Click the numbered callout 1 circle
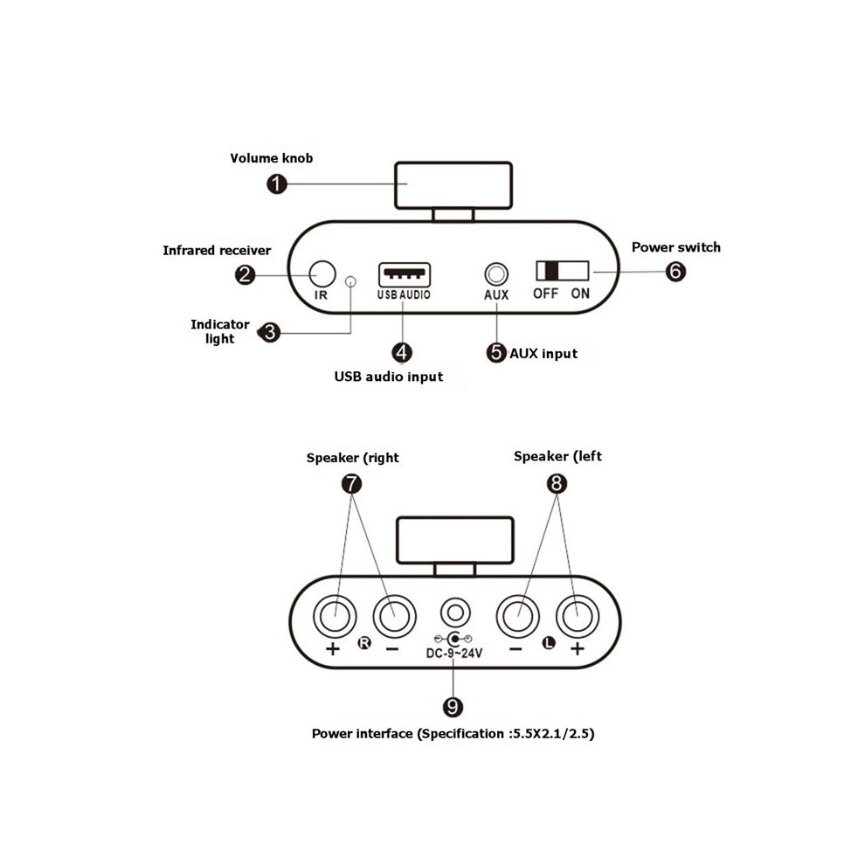point(276,183)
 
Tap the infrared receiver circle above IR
point(322,274)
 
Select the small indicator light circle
point(350,281)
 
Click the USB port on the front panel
point(405,274)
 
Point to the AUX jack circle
point(496,274)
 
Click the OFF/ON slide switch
point(562,271)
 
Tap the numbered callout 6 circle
point(675,272)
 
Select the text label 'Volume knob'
point(272,158)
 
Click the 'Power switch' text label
point(675,247)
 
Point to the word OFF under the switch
point(545,294)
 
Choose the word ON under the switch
point(580,294)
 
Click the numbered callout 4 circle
point(402,353)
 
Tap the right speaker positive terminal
point(335,616)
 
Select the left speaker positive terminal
point(578,616)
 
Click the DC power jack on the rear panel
point(455,612)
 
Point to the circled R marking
point(364,643)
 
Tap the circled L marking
point(549,643)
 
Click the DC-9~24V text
point(454,654)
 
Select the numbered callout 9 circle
point(453,707)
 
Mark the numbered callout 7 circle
point(351,484)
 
